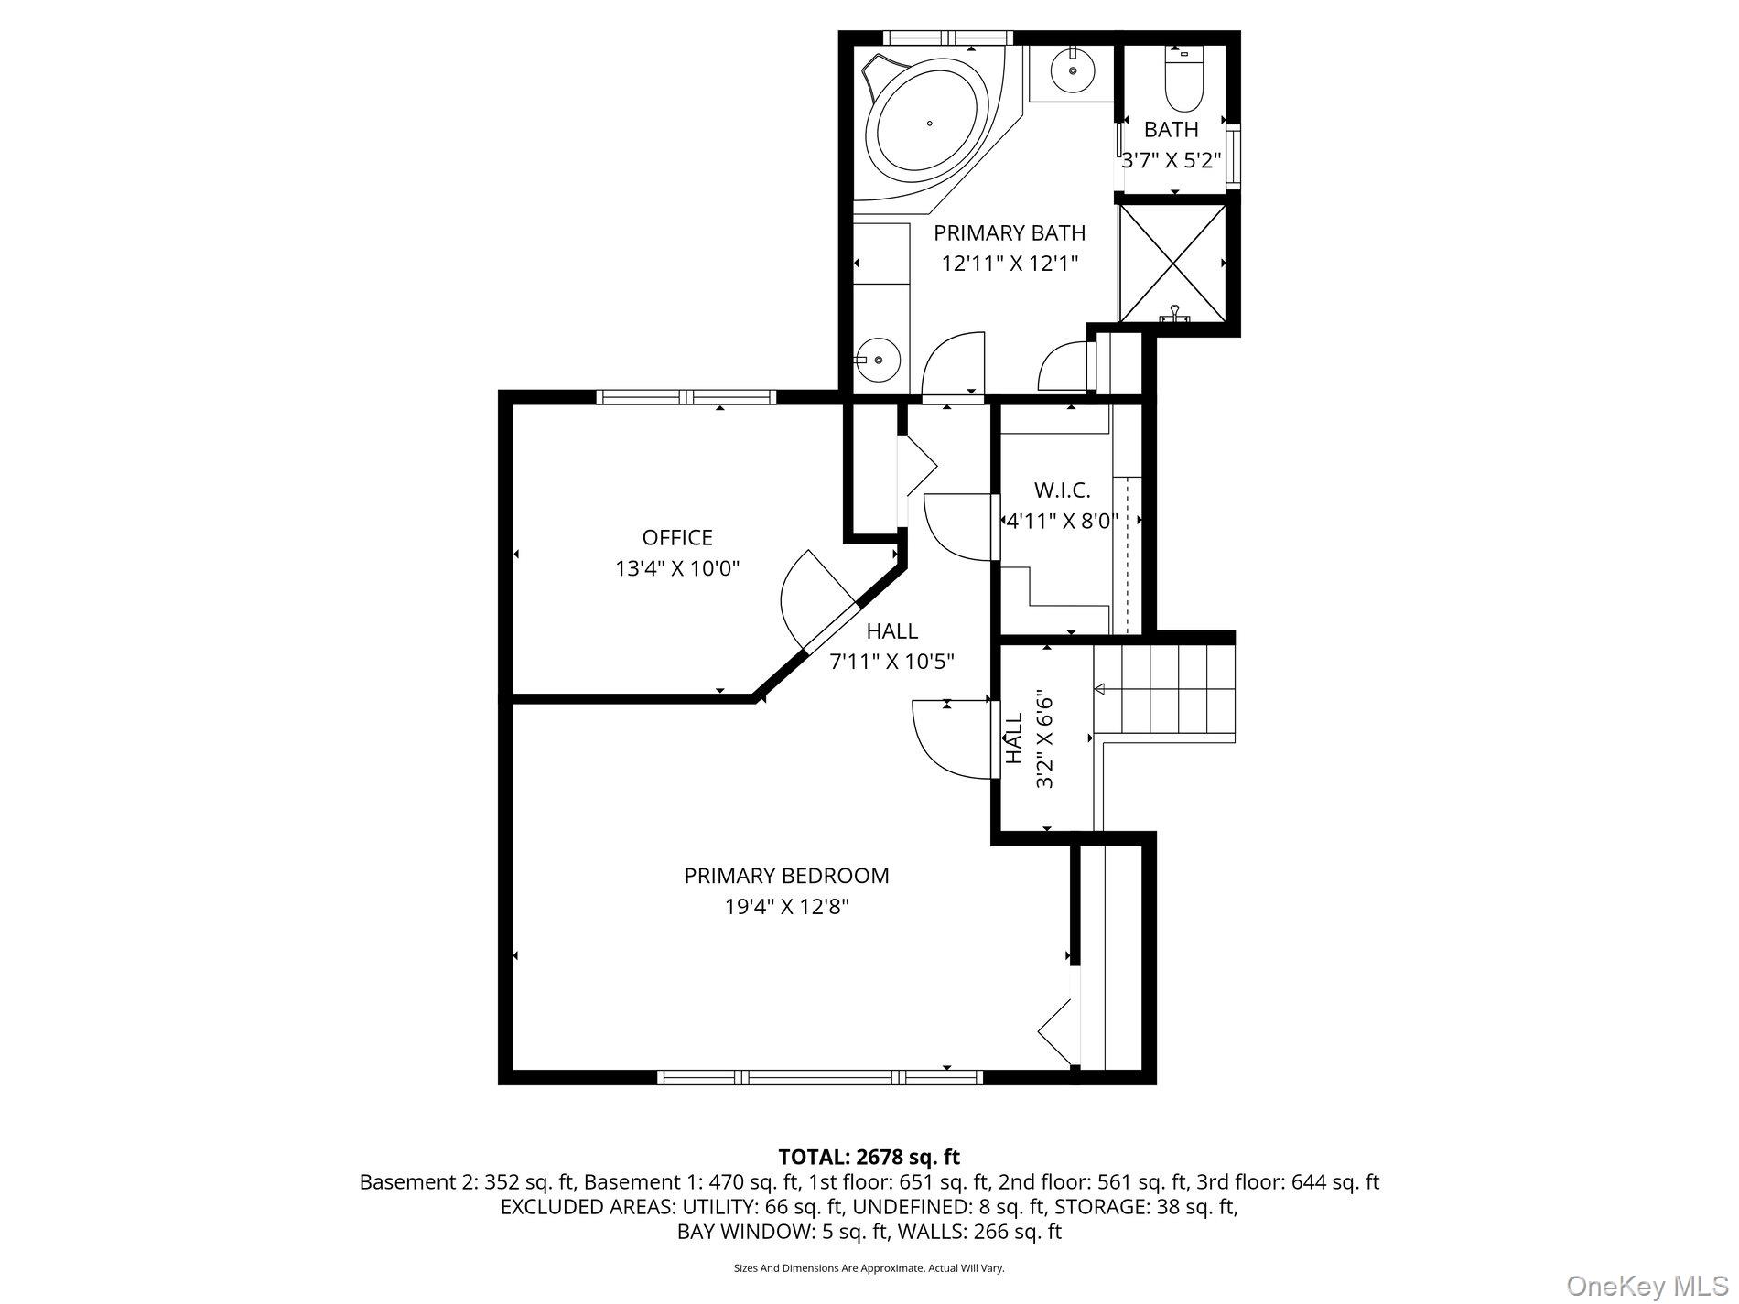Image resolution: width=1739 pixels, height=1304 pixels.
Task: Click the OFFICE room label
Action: [676, 537]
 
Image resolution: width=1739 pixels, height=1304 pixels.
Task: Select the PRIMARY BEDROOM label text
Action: [786, 876]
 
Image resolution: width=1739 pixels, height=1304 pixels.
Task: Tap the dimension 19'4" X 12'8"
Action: [786, 907]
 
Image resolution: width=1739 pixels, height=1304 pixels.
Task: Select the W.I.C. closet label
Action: [1062, 490]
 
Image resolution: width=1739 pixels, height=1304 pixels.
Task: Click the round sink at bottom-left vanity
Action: [879, 361]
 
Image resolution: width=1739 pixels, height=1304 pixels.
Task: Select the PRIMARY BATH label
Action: [1010, 232]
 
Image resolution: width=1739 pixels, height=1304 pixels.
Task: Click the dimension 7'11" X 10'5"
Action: [891, 661]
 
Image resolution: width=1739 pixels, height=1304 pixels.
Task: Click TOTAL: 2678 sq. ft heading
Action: [869, 1157]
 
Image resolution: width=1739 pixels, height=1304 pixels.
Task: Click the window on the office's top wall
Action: [686, 397]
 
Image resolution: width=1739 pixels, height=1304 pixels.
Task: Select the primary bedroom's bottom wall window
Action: [820, 1077]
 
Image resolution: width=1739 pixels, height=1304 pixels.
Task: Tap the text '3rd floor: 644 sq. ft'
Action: [1287, 1181]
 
